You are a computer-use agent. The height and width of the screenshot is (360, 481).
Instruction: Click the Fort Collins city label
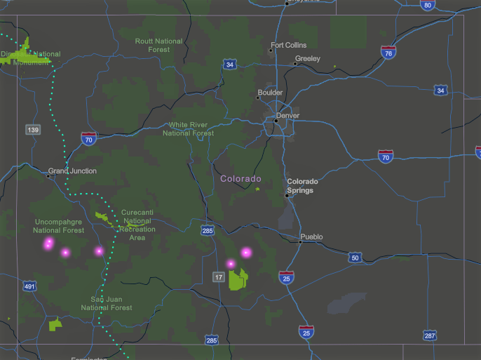(288, 46)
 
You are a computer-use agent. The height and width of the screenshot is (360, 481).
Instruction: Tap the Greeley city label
(307, 59)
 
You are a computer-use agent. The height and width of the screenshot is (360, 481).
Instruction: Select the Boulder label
(270, 93)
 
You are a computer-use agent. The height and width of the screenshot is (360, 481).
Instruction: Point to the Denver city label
(287, 116)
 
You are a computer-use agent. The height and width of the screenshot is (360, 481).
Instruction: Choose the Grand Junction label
(73, 171)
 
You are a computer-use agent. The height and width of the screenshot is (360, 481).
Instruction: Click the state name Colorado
(240, 179)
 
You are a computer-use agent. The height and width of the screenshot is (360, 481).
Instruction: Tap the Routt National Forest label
(159, 46)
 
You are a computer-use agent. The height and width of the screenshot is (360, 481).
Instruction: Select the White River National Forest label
(189, 129)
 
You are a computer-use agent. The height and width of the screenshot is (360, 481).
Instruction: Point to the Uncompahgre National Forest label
(59, 226)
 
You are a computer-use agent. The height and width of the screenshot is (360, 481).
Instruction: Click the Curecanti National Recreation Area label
(137, 225)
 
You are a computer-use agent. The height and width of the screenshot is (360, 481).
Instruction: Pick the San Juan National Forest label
(107, 303)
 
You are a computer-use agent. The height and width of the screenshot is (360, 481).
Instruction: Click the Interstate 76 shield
(388, 53)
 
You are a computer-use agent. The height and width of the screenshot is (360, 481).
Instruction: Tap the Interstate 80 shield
(427, 5)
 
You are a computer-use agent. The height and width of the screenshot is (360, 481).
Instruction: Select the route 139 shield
(33, 130)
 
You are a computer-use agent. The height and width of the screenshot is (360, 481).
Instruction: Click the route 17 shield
(219, 277)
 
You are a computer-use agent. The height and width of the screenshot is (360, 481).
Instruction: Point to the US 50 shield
(355, 258)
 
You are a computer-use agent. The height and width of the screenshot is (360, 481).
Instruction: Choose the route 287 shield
(430, 336)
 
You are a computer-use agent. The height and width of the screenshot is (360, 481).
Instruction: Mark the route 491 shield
(29, 286)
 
